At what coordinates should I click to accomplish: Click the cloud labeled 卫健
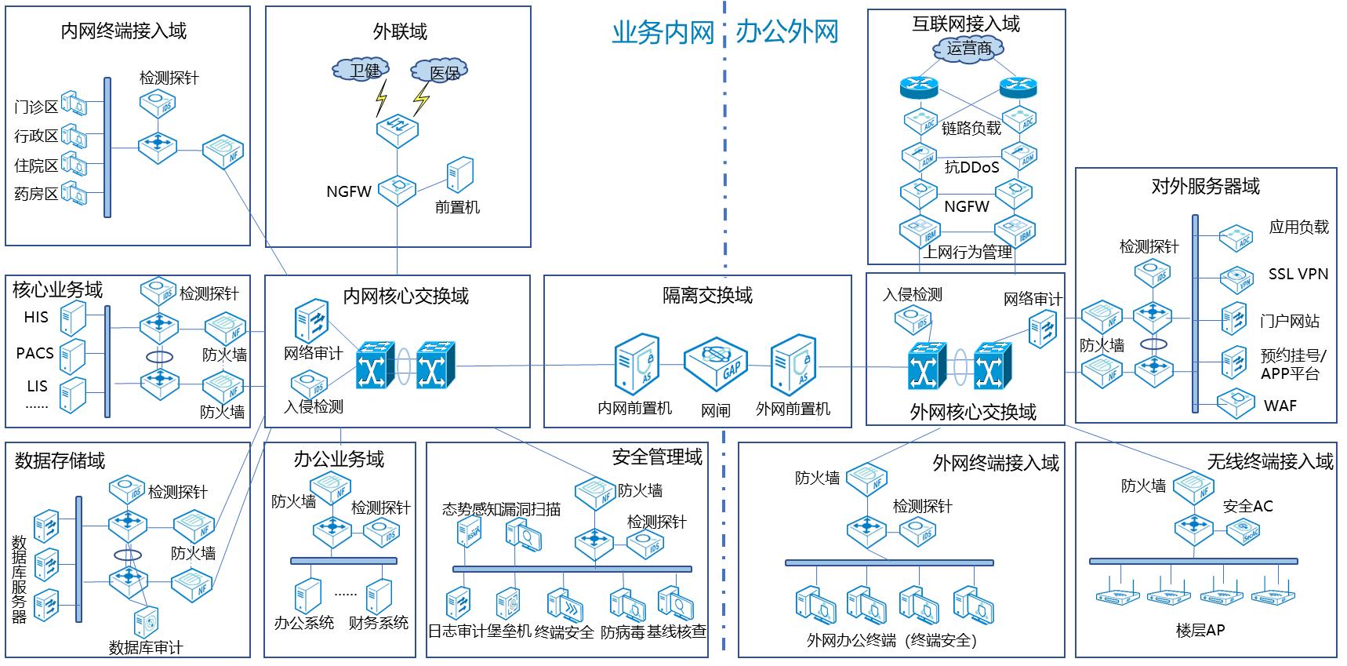[x=361, y=70]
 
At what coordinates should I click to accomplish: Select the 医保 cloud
[x=440, y=71]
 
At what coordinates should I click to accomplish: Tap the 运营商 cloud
[x=968, y=49]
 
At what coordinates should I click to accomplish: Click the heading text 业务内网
[x=663, y=33]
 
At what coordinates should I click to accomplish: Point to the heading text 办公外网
[x=786, y=32]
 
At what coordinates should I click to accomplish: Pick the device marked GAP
[x=715, y=364]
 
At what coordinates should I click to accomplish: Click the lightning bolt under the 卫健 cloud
[x=381, y=98]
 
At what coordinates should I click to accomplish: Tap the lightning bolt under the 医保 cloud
[x=421, y=99]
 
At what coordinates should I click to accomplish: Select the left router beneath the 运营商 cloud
[x=919, y=86]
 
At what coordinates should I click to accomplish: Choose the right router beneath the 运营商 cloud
[x=1018, y=86]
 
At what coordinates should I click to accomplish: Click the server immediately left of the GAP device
[x=637, y=364]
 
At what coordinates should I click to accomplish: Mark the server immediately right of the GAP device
[x=793, y=365]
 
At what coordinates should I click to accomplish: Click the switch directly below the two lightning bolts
[x=397, y=130]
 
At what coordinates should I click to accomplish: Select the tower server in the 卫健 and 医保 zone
[x=460, y=174]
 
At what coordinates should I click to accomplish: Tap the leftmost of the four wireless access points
[x=1117, y=595]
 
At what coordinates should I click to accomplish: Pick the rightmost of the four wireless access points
[x=1273, y=595]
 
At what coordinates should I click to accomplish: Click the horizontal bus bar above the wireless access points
[x=1193, y=561]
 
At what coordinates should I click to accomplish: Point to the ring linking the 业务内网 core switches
[x=404, y=366]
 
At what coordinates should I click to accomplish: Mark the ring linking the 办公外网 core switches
[x=960, y=366]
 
